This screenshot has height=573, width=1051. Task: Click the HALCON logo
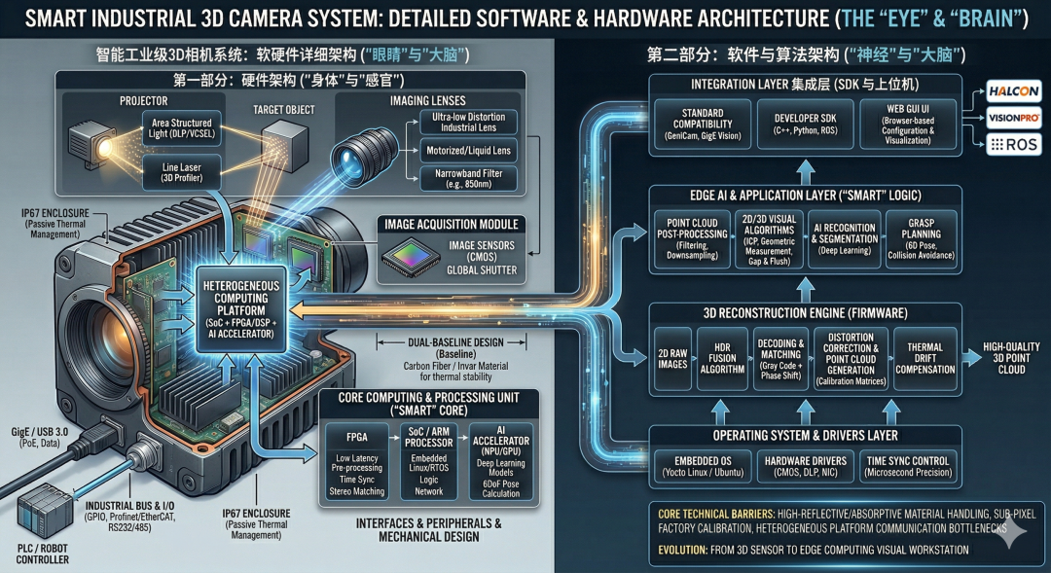click(1014, 90)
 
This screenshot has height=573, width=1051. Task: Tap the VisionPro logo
click(1014, 118)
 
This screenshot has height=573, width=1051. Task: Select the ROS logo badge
click(1014, 145)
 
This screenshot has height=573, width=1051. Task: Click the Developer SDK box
click(801, 125)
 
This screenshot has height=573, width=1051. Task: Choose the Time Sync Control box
click(908, 465)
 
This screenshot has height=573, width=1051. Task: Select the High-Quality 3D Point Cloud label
click(1011, 358)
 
